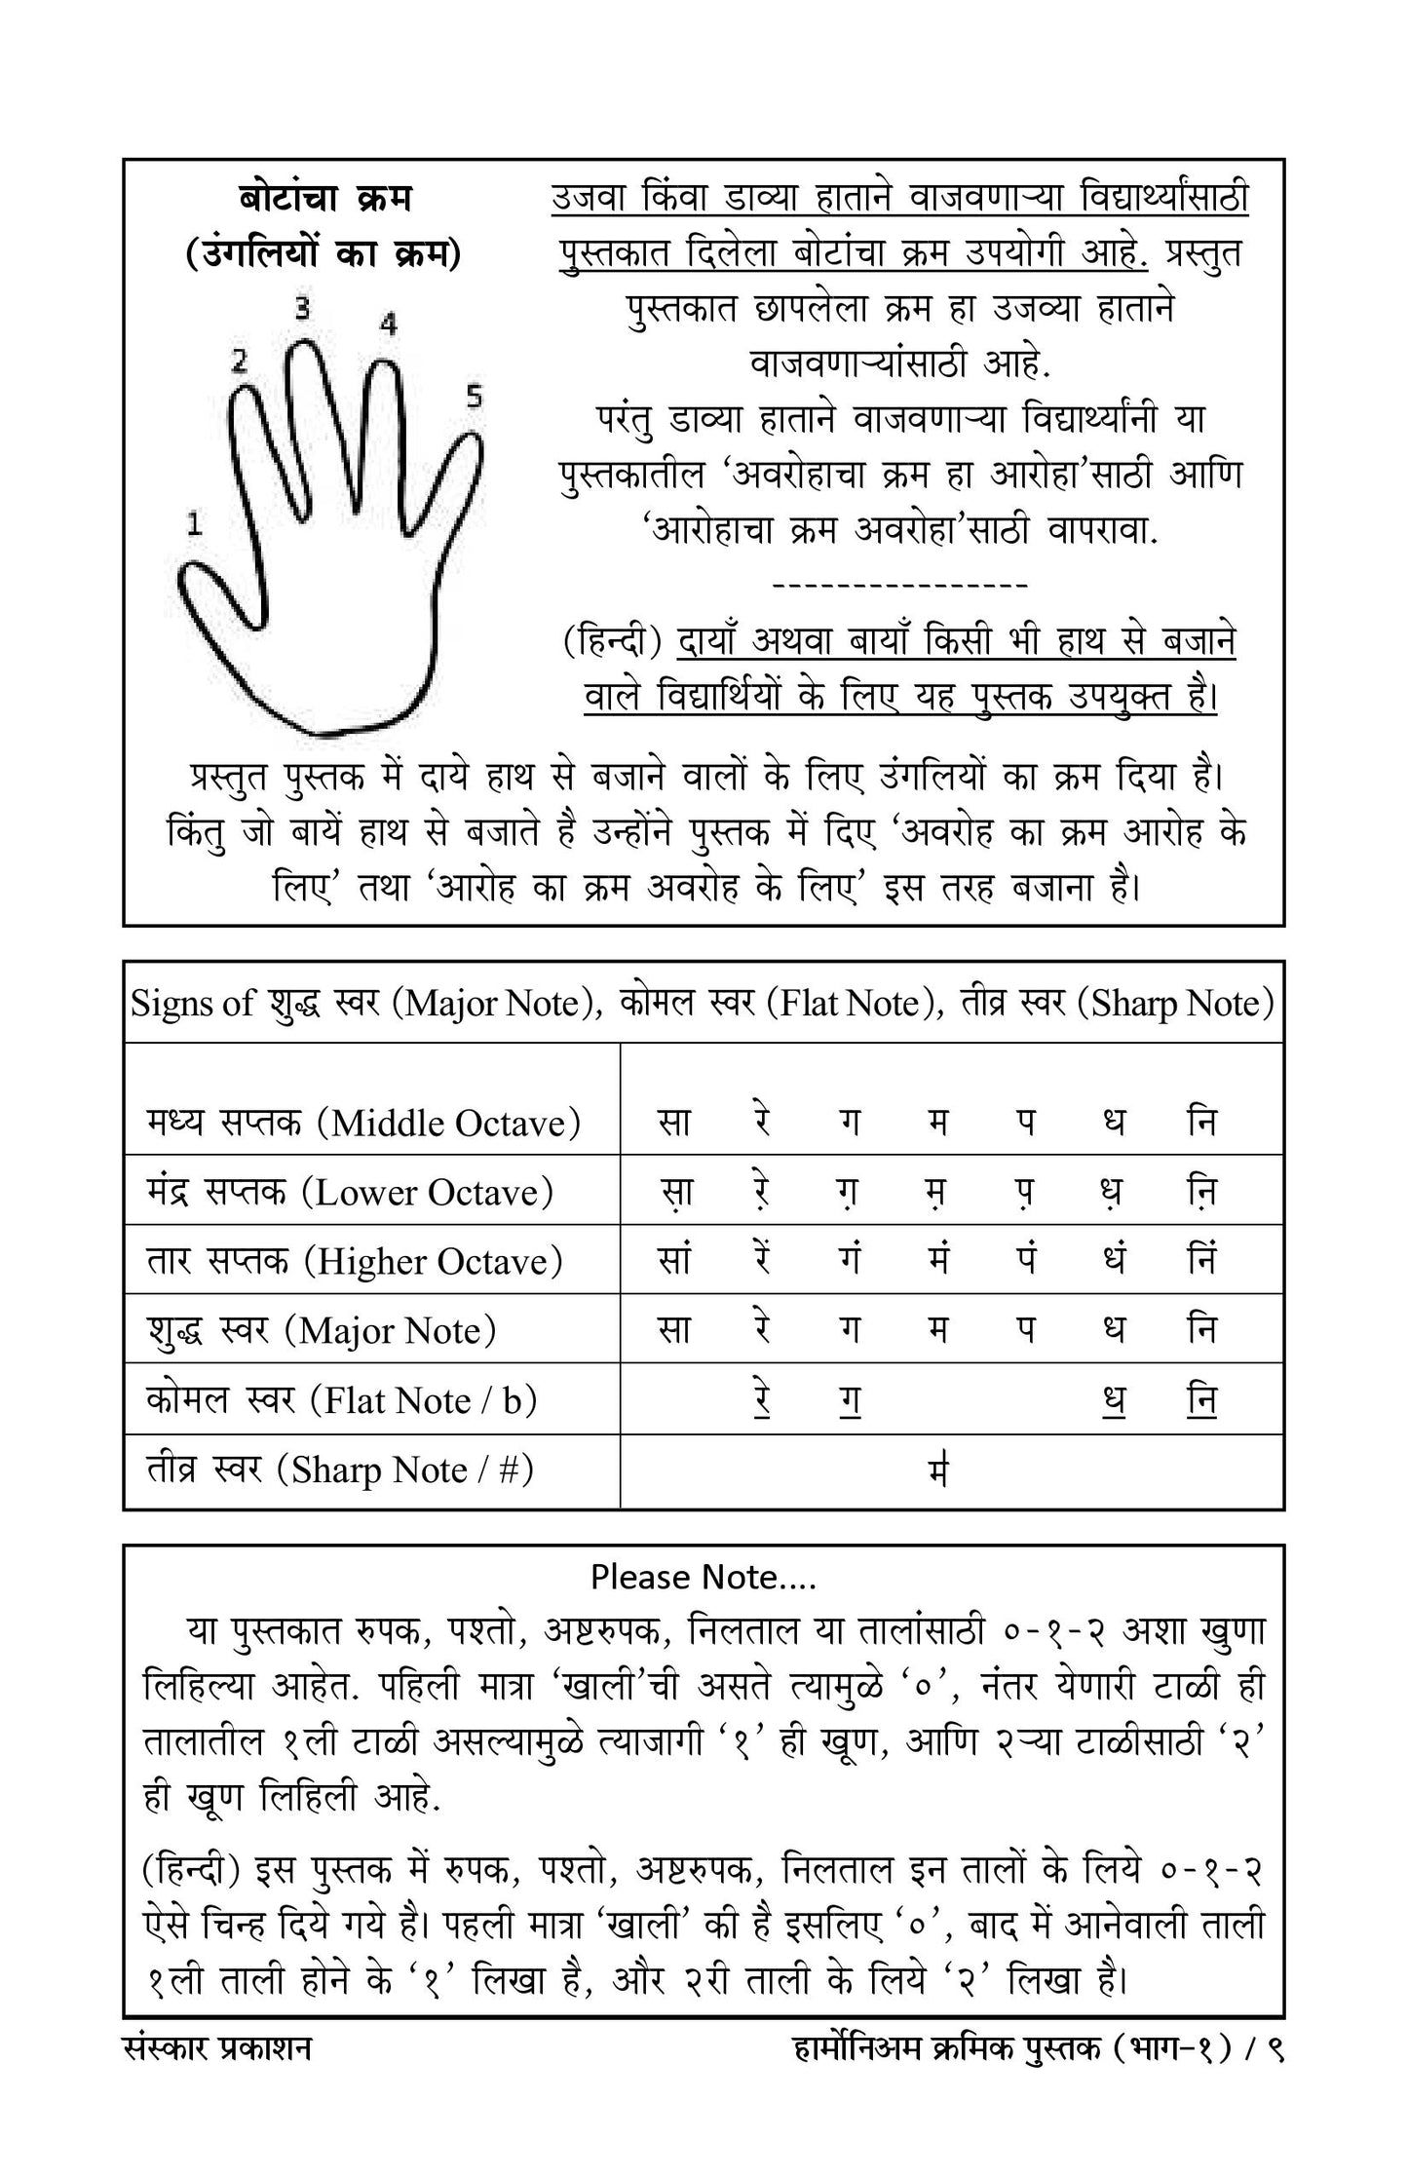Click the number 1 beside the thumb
point(195,525)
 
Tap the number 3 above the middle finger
point(303,309)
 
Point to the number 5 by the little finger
point(474,396)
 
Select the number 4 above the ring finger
point(388,324)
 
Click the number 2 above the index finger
point(239,362)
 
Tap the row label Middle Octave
point(363,1123)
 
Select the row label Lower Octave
point(350,1192)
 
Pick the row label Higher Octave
point(355,1261)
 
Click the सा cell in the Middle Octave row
point(673,1123)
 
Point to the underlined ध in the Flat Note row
point(1114,1400)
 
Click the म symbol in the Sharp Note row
point(938,1470)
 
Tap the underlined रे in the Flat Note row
point(763,1400)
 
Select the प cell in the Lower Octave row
point(1025,1192)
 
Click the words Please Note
point(704,1577)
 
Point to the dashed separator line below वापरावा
point(898,585)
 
